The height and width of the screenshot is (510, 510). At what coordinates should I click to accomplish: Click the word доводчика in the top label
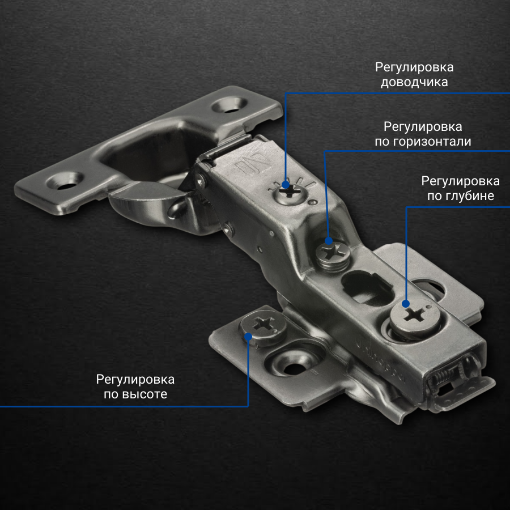pyautogui.click(x=414, y=82)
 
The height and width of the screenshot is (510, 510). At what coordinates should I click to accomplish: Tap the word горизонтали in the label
pyautogui.click(x=432, y=142)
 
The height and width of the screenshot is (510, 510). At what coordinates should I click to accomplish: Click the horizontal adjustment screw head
pyautogui.click(x=333, y=252)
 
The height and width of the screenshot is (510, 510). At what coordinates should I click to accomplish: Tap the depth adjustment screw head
pyautogui.click(x=415, y=315)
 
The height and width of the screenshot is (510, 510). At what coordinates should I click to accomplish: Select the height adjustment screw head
pyautogui.click(x=263, y=324)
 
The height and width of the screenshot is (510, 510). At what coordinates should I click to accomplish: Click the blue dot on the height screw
pyautogui.click(x=248, y=336)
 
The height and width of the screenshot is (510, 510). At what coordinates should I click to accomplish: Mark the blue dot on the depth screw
pyautogui.click(x=406, y=304)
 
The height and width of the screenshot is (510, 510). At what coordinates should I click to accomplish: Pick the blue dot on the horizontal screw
pyautogui.click(x=329, y=241)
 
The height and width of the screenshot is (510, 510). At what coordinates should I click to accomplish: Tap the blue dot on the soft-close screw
pyautogui.click(x=286, y=185)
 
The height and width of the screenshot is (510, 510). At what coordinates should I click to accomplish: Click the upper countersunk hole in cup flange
pyautogui.click(x=229, y=105)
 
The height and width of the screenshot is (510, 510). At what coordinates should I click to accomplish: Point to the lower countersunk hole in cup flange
pyautogui.click(x=65, y=181)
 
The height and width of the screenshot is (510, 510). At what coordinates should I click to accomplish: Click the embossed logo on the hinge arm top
pyautogui.click(x=254, y=164)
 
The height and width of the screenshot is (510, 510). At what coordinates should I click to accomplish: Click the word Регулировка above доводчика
pyautogui.click(x=414, y=67)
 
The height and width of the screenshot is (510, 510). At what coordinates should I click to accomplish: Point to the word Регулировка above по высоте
pyautogui.click(x=135, y=380)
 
